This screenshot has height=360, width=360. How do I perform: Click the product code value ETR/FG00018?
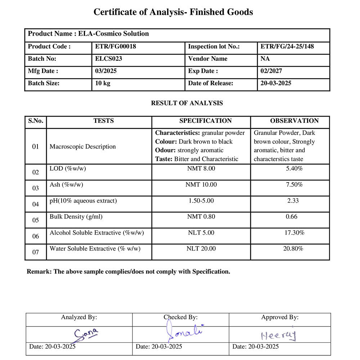pos(116,46)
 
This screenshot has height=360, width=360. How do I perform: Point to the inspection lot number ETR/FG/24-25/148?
pos(285,46)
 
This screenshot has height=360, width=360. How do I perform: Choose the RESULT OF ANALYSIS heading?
pos(187,103)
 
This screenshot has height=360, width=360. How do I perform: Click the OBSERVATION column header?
pos(294,121)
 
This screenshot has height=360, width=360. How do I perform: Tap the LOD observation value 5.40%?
pos(294,168)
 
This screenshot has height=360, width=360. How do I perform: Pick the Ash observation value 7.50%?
pos(294,185)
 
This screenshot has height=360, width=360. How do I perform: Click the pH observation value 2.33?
pos(293,201)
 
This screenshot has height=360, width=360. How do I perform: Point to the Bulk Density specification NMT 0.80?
pos(201,217)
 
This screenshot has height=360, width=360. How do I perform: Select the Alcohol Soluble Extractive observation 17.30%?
pos(294,233)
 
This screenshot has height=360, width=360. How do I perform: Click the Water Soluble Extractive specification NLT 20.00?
pos(201,249)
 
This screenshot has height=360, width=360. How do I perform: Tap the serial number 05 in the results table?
pos(36,220)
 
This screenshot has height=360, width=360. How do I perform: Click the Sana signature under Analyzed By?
pos(86,334)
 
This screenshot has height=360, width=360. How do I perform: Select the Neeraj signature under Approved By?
pos(278,336)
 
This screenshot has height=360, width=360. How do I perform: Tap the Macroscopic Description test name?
pos(83,147)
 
